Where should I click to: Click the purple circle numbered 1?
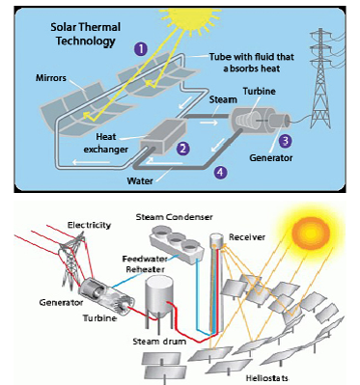point(141,47)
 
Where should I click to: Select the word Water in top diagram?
point(142,179)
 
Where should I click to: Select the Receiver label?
point(259,237)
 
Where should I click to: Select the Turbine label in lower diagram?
point(98,316)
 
